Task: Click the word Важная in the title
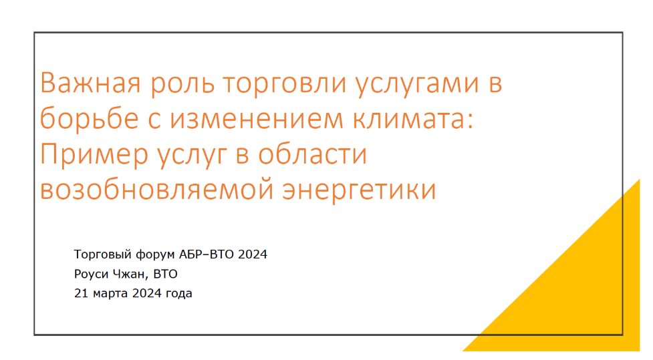click(90, 82)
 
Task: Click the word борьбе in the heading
click(89, 118)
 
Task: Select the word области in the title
click(312, 154)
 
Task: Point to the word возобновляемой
click(156, 190)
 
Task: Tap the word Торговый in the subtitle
click(103, 254)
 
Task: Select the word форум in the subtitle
click(156, 254)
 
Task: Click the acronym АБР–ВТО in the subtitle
click(207, 254)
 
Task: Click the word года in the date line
click(179, 294)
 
